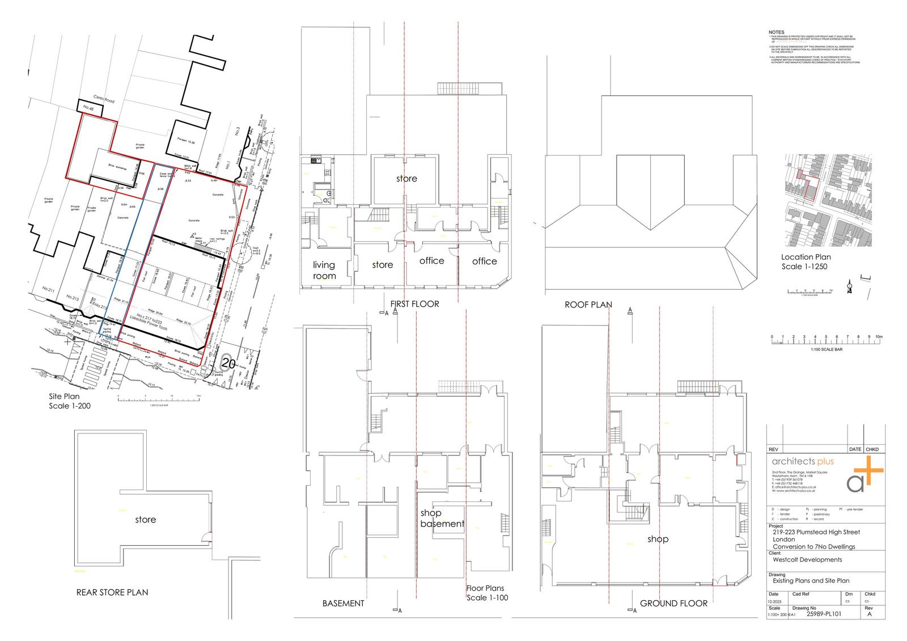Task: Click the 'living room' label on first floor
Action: pos(324,271)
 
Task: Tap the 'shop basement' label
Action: pos(442,518)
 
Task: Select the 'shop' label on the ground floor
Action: pos(658,539)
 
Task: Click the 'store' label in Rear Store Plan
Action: pos(145,520)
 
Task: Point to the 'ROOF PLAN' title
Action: pos(588,305)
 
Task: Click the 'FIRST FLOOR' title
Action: pos(414,304)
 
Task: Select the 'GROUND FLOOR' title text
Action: pos(673,603)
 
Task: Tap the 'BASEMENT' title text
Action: pos(343,603)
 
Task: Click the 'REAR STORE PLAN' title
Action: pos(112,592)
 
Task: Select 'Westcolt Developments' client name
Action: pos(807,560)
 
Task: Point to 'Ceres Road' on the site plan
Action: pos(104,100)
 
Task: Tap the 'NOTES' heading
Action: pos(776,32)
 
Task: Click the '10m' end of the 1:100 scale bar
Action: pos(878,337)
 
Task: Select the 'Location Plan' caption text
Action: pos(806,257)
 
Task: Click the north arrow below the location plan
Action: pos(849,287)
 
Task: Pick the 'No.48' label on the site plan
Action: pos(87,108)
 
